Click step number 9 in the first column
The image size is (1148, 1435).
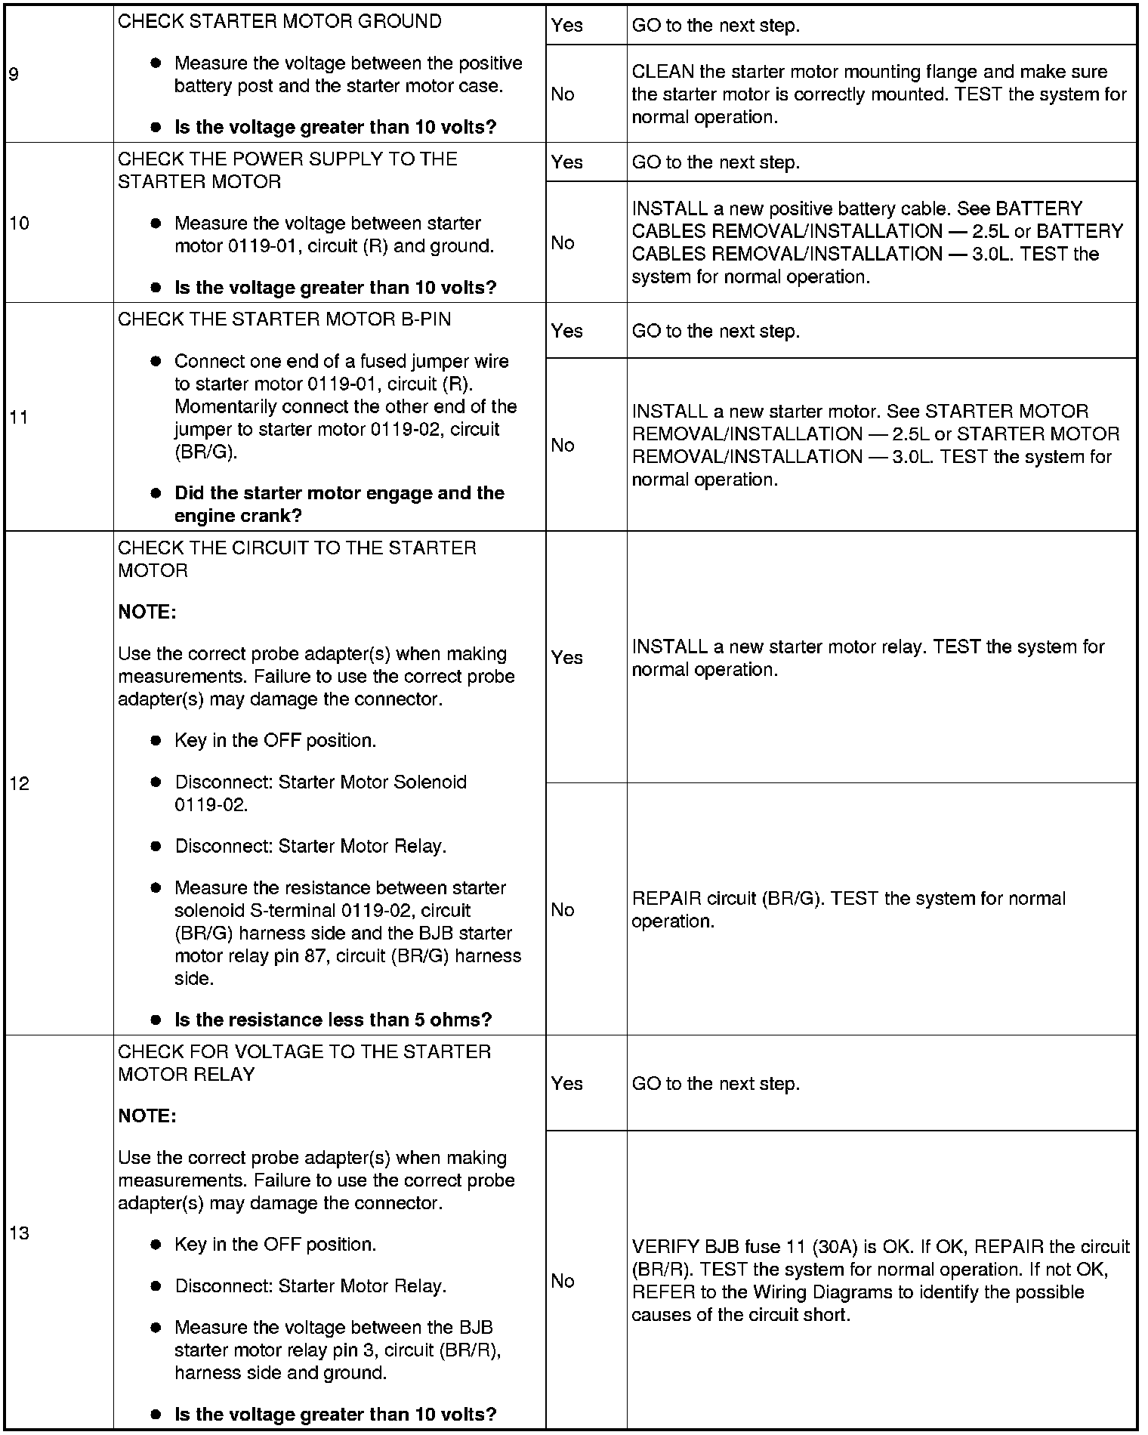point(14,74)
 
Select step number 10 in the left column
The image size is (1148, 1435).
point(19,223)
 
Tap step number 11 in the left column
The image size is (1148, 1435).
point(19,417)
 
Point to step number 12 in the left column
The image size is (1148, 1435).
point(19,783)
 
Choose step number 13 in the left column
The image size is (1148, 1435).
point(19,1233)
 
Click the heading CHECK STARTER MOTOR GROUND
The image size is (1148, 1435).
point(279,21)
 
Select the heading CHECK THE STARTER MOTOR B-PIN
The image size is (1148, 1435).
point(284,319)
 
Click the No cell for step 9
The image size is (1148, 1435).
point(563,94)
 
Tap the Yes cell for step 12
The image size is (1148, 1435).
point(566,657)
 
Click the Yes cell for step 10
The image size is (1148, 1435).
point(566,162)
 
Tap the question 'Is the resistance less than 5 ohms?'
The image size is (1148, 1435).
point(333,1020)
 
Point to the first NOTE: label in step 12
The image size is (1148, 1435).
point(147,612)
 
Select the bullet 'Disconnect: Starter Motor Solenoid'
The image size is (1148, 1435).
point(321,782)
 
